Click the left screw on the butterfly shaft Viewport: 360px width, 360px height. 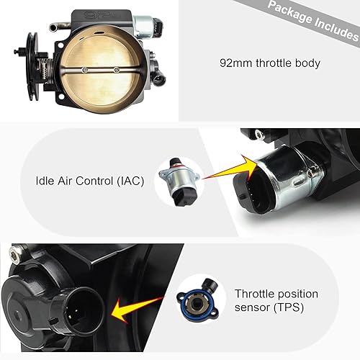pyautogui.click(x=85, y=71)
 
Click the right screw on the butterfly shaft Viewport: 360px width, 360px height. pyautogui.click(x=117, y=71)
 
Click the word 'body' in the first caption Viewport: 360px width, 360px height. pyautogui.click(x=305, y=62)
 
